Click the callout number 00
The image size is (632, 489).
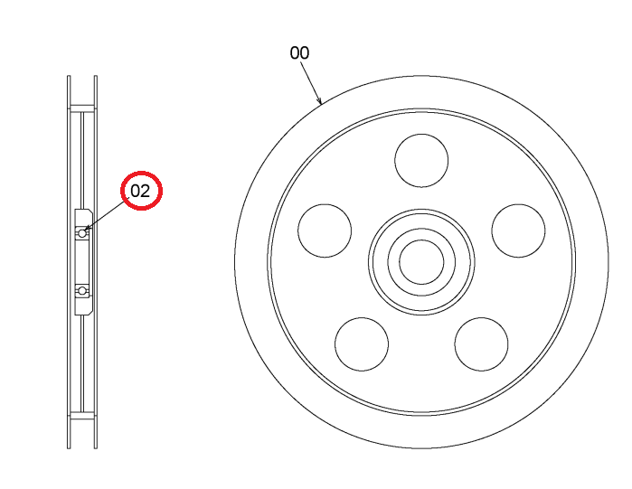299,52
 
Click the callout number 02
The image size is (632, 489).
140,191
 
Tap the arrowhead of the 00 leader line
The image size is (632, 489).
320,101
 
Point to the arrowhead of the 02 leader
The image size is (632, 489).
86,230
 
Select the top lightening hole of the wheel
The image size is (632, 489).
421,160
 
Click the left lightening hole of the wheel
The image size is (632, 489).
325,230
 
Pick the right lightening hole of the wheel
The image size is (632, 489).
518,230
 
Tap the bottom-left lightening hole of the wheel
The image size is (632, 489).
362,344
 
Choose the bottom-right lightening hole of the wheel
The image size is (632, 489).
481,344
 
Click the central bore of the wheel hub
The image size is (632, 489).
421,262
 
